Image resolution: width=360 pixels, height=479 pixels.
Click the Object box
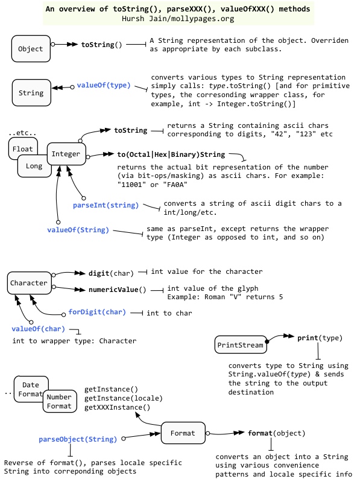31,49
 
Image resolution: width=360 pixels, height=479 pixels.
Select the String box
31,92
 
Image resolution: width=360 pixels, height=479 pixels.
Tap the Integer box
66,154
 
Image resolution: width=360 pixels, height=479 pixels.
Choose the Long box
34,166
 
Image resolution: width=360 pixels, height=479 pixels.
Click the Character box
30,283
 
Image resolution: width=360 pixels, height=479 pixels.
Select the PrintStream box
241,344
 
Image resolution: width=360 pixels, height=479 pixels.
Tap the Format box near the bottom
183,433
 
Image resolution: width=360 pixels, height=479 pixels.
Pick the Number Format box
60,401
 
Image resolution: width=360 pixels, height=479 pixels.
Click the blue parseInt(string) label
106,205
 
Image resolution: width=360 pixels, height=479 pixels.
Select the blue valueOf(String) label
78,230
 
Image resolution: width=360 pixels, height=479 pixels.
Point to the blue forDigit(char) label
97,312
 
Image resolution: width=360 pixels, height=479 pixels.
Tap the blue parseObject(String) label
78,439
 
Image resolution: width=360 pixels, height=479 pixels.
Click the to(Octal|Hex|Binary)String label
171,154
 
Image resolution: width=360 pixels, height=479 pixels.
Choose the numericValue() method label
117,290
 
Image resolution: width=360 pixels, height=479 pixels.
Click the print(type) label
320,338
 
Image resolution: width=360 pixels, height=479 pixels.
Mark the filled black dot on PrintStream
267,341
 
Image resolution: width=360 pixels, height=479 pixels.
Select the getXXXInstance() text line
117,407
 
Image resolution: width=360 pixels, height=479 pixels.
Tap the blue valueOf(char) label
38,329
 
